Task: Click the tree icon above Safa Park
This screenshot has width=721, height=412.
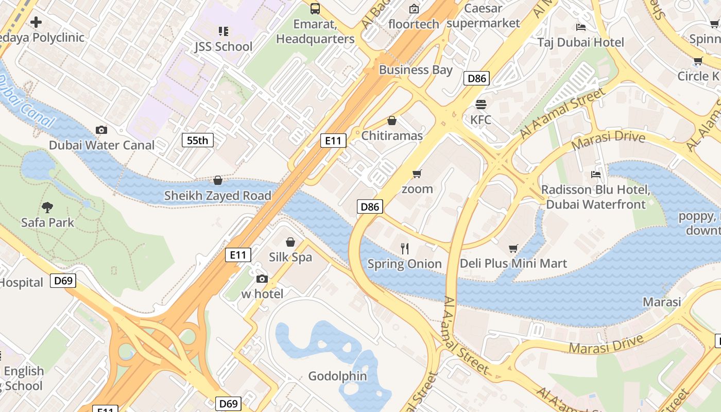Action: click(47, 208)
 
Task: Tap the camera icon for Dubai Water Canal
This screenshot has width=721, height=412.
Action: click(101, 130)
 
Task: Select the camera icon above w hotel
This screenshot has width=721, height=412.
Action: click(262, 279)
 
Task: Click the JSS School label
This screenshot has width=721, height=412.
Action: click(224, 46)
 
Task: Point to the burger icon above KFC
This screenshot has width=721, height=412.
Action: click(480, 105)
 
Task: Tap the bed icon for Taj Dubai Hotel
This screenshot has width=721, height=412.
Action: click(581, 27)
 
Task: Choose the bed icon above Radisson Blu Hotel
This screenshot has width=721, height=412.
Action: click(596, 175)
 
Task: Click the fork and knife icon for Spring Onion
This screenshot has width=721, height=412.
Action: click(405, 249)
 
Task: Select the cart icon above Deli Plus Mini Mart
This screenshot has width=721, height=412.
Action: click(513, 249)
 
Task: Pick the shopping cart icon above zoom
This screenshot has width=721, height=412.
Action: click(417, 174)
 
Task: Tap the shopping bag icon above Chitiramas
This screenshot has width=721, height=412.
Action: click(392, 121)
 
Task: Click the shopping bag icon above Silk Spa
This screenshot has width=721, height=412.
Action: click(290, 242)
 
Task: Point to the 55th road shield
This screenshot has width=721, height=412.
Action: click(197, 140)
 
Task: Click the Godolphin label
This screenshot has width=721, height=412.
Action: click(337, 376)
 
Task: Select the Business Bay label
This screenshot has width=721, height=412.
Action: click(416, 70)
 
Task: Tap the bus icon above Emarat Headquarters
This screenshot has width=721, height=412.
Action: click(315, 9)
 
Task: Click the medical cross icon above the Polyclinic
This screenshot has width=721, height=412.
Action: click(36, 22)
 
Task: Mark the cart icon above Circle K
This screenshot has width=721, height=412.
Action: click(698, 61)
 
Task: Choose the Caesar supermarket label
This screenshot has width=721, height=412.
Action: click(483, 15)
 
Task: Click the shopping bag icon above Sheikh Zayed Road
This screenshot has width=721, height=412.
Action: click(218, 181)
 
